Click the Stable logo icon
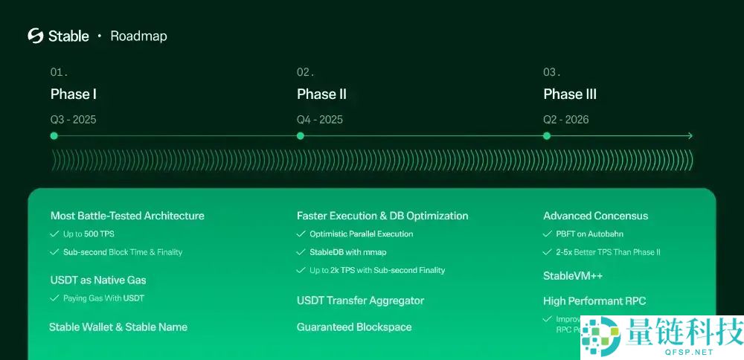pos(36,36)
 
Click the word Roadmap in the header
pos(138,36)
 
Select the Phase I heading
pos(74,94)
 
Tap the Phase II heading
pos(321,94)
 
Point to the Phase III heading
pos(570,94)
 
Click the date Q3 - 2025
pos(74,119)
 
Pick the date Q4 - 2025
pos(320,119)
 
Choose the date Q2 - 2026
pos(566,119)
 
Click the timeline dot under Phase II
pos(300,136)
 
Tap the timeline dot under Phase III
pos(547,136)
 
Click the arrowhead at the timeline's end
pos(690,136)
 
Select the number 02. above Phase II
pos(305,73)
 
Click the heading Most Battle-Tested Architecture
pos(127,216)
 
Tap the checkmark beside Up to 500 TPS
pos(54,234)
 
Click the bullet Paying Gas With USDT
pos(103,298)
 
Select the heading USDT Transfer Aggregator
pos(360,300)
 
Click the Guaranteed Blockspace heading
pos(354,327)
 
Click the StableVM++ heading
pos(573,276)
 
